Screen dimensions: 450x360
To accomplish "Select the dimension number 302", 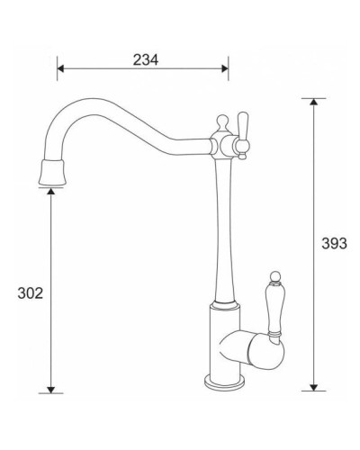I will tap(31, 292).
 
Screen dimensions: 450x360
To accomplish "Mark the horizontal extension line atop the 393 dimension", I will tap(311, 98).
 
